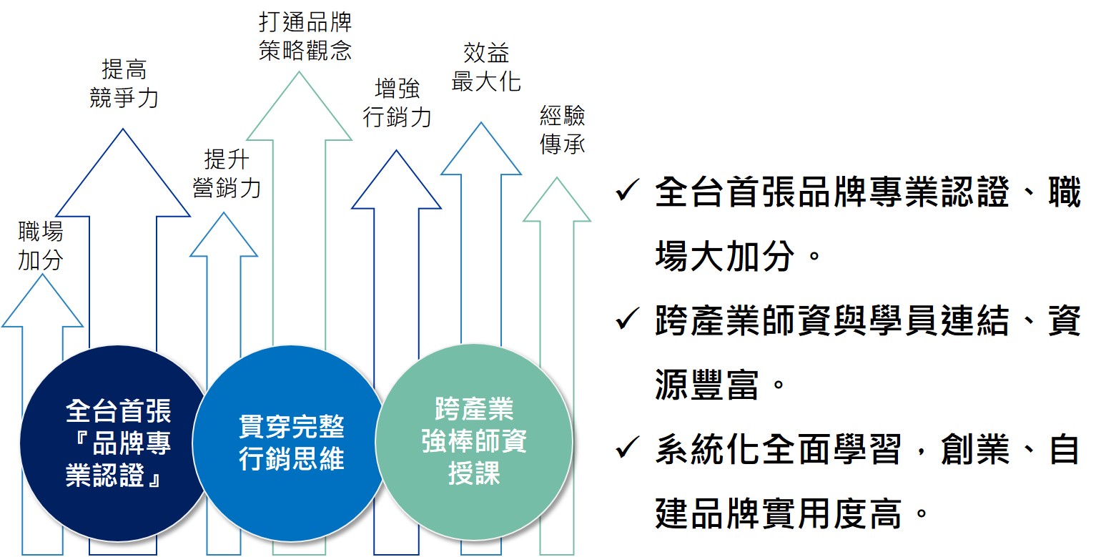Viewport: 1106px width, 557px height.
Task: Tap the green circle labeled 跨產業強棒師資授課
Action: [473, 442]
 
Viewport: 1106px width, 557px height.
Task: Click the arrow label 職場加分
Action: [41, 246]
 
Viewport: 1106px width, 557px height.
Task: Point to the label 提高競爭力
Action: [123, 84]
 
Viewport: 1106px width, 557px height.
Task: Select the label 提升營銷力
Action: [227, 173]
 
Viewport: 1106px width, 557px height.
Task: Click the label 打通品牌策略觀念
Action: [305, 36]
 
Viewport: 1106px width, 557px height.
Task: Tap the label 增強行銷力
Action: [397, 103]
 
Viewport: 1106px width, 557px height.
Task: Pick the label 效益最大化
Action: [485, 66]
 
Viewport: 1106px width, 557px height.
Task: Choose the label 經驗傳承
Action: [563, 130]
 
